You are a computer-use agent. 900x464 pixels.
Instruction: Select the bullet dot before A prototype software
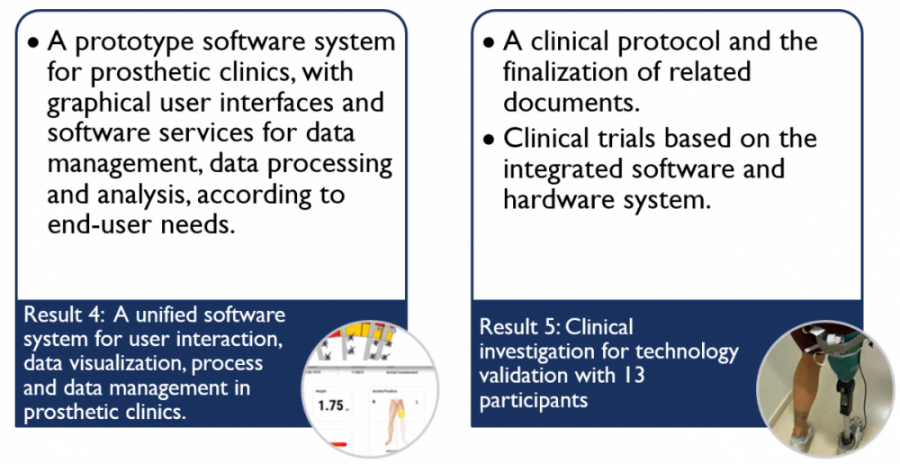tap(32, 42)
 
